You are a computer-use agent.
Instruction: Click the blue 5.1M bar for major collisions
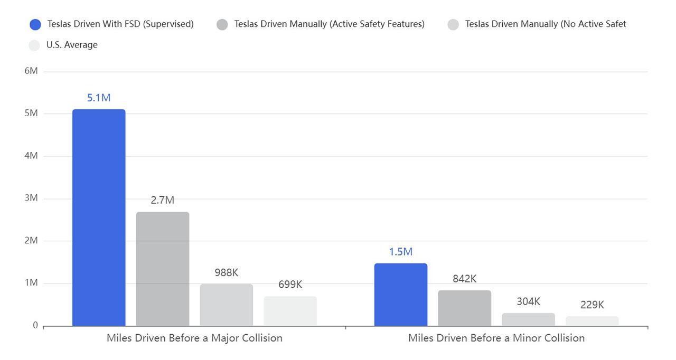pos(99,217)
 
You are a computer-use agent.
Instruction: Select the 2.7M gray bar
pos(163,269)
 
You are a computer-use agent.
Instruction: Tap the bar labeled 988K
pos(226,305)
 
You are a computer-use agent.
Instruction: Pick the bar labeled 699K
pos(290,311)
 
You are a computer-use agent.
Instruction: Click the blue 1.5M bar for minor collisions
pos(401,295)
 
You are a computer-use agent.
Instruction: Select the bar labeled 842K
pos(464,308)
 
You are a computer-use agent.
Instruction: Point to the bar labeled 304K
pos(528,319)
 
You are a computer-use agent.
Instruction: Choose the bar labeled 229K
pos(592,321)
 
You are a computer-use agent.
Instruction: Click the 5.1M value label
pos(99,98)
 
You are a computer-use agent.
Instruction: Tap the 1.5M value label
pos(401,252)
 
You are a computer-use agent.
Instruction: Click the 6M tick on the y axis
pos(31,71)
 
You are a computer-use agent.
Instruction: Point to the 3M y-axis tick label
pos(31,198)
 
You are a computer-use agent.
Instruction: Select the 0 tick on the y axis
pos(35,325)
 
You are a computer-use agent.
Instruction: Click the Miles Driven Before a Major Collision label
pos(194,338)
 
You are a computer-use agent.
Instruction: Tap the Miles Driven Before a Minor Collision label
pos(496,338)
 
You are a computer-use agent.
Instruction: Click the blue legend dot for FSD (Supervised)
pos(35,24)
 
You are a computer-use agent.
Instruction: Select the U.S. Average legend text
pos(72,45)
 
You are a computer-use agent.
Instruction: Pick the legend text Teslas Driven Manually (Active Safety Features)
pos(329,24)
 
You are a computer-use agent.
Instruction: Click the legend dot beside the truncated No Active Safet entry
pos(453,24)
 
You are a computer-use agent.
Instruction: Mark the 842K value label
pos(464,279)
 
